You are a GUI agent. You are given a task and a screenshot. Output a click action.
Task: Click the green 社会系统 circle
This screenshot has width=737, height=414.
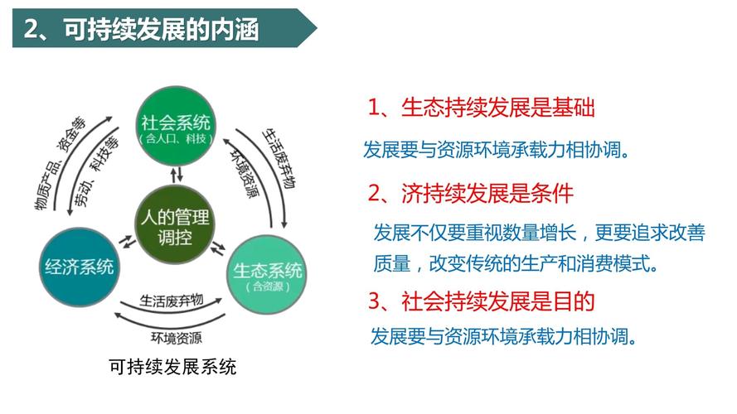click(x=176, y=126)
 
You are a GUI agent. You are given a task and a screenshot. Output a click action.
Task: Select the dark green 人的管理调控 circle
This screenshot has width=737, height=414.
click(x=175, y=225)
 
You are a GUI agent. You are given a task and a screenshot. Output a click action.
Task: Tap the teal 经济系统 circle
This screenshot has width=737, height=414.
click(x=80, y=267)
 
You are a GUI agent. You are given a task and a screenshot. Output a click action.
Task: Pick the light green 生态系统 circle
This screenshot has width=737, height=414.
click(x=267, y=275)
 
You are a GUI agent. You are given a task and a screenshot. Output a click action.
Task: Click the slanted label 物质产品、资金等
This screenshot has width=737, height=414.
click(x=60, y=163)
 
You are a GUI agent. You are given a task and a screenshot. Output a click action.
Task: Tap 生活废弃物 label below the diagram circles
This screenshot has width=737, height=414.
click(x=172, y=301)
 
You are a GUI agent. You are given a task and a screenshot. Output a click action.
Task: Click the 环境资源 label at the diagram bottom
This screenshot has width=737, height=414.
click(x=177, y=338)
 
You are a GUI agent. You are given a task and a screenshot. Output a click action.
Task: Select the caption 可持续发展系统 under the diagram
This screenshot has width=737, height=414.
click(x=172, y=367)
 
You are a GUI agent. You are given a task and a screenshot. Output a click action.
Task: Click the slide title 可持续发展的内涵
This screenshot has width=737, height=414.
click(x=161, y=29)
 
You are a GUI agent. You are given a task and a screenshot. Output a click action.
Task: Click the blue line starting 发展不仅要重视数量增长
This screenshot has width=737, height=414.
click(x=540, y=233)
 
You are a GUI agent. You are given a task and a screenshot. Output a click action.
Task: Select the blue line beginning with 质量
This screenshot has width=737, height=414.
click(x=516, y=264)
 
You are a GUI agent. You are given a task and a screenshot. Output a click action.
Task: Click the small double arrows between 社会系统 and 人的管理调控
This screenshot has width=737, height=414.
click(x=177, y=175)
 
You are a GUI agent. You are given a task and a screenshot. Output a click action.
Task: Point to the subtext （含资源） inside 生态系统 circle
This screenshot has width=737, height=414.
click(x=268, y=286)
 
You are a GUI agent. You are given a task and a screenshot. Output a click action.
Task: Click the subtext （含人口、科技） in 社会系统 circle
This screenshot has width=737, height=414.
click(x=176, y=139)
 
